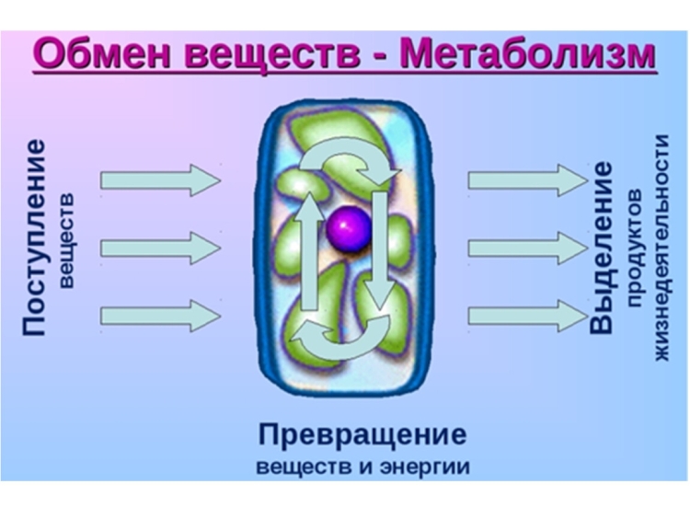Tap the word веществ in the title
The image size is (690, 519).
point(273,55)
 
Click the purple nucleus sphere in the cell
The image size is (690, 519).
point(349,229)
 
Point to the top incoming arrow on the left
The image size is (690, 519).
point(161,180)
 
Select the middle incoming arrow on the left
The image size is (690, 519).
point(161,248)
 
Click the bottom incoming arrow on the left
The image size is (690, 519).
point(161,316)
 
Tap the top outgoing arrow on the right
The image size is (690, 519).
point(528,180)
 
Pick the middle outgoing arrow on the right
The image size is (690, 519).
point(528,248)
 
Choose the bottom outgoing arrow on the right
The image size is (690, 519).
point(528,316)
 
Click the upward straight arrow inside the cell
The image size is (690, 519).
point(310,251)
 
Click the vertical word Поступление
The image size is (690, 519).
point(34,237)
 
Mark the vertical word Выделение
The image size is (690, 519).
point(602,248)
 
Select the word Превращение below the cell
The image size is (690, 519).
point(362,435)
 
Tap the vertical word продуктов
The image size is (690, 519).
point(635,248)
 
